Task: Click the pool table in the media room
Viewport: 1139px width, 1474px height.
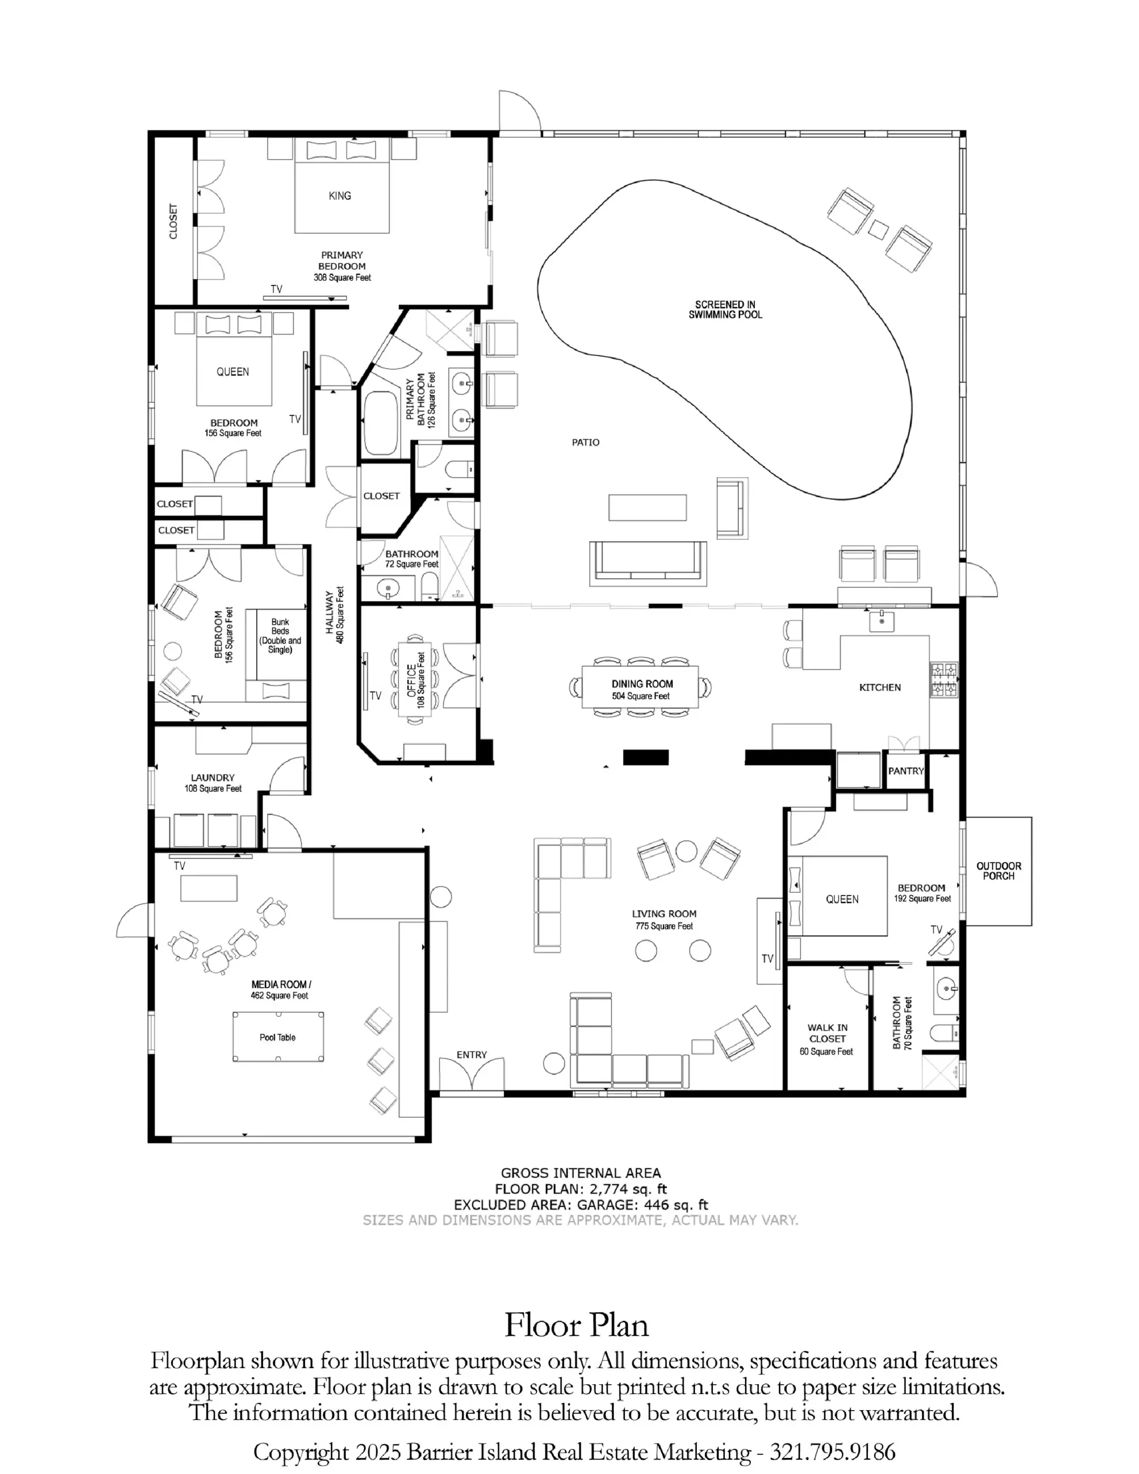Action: tap(278, 1036)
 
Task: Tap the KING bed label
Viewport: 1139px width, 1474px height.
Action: tap(340, 196)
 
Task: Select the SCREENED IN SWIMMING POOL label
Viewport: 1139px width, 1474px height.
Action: tap(725, 309)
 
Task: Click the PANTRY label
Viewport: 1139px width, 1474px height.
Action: tap(905, 771)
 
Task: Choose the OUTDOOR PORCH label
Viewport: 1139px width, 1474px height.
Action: tap(998, 871)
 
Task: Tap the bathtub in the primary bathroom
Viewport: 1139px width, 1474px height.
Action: tap(381, 423)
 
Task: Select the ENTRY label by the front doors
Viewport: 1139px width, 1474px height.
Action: tap(471, 1054)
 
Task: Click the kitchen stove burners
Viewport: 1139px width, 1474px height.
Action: tap(944, 679)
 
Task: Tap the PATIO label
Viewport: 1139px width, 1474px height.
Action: tap(586, 442)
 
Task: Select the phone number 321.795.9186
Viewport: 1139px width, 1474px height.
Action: tap(833, 1452)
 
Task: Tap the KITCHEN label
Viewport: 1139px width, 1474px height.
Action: tap(880, 687)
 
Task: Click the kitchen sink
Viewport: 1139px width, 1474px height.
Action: tap(881, 620)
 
